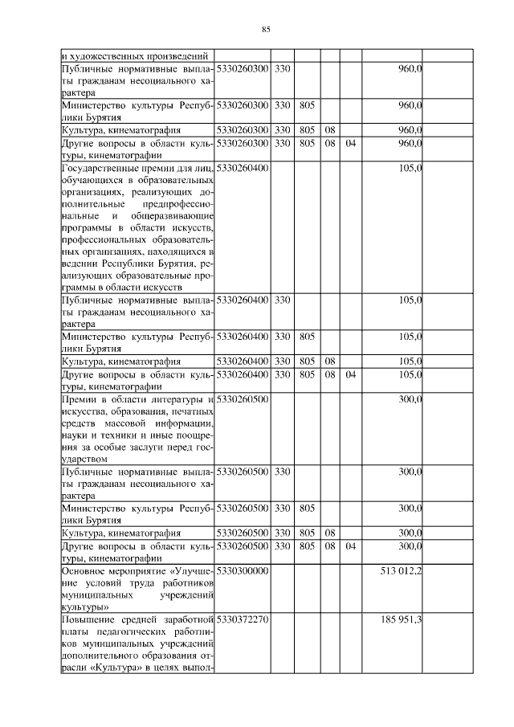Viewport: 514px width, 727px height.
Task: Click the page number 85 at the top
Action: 266,30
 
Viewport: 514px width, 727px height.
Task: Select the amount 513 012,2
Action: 401,570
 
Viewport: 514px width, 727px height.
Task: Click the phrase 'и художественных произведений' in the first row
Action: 136,56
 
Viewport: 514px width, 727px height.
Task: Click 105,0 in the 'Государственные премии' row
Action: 410,168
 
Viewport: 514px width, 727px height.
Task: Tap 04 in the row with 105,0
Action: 350,374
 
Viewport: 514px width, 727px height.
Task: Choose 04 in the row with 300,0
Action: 350,546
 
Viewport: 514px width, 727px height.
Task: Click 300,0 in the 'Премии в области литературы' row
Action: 410,399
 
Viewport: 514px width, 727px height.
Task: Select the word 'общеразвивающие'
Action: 173,216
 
